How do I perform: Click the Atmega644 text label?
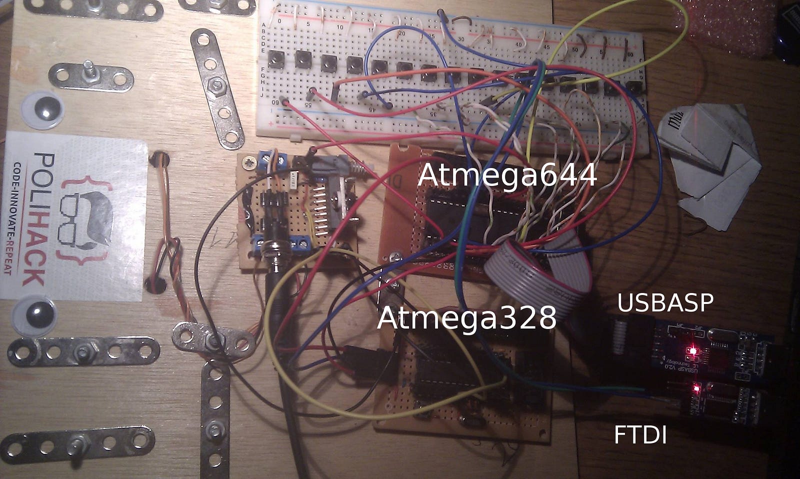[x=507, y=175]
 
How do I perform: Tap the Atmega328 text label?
[x=466, y=317]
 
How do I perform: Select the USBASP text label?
[x=665, y=303]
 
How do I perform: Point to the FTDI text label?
[x=640, y=435]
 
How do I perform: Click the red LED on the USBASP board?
[x=693, y=350]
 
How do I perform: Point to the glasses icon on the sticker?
[x=85, y=220]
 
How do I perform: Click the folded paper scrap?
[x=710, y=160]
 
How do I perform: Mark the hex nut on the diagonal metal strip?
[x=217, y=86]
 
